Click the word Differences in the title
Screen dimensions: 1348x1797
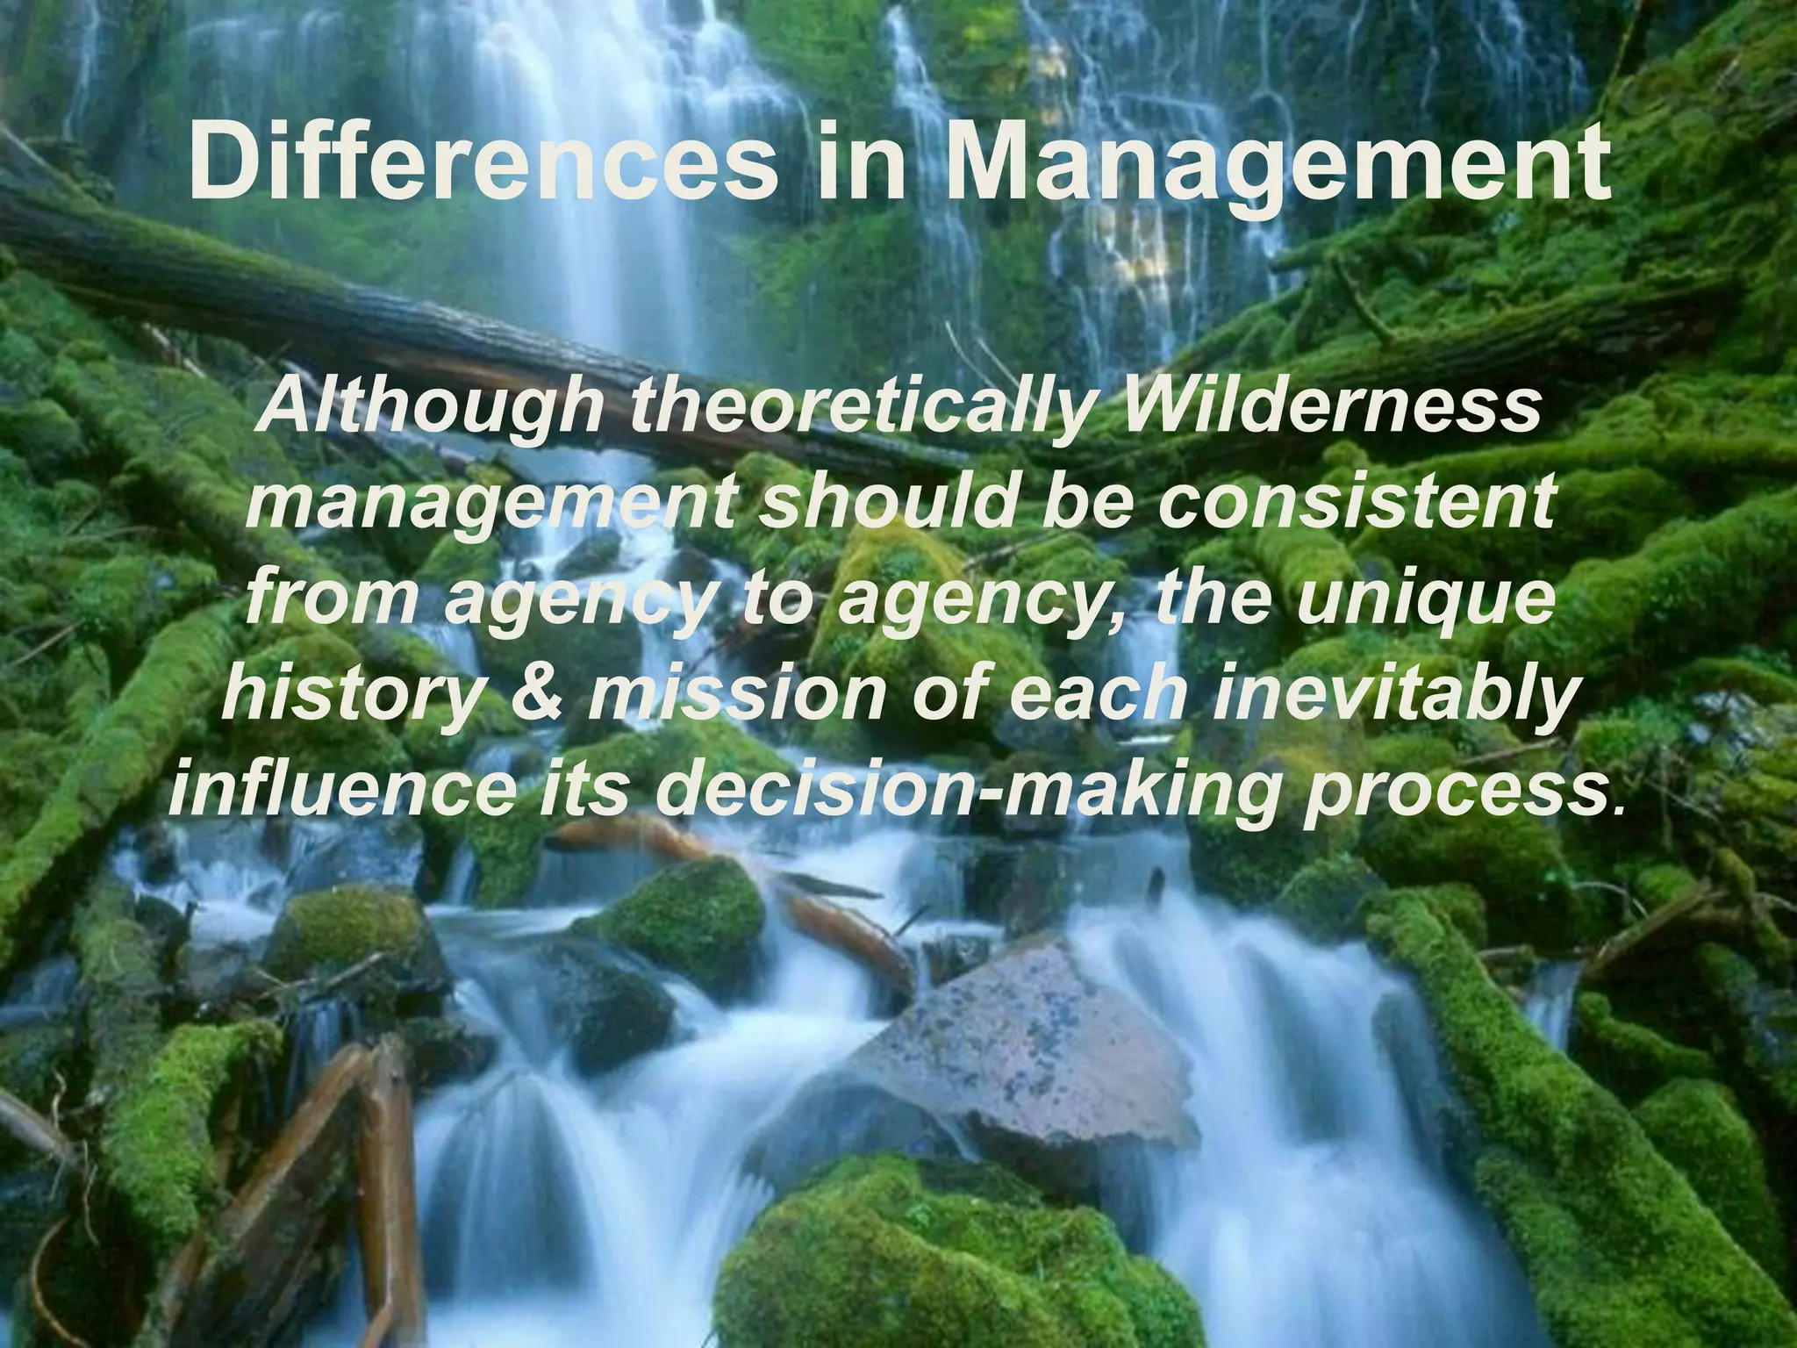click(483, 161)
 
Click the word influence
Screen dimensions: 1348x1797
click(343, 791)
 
